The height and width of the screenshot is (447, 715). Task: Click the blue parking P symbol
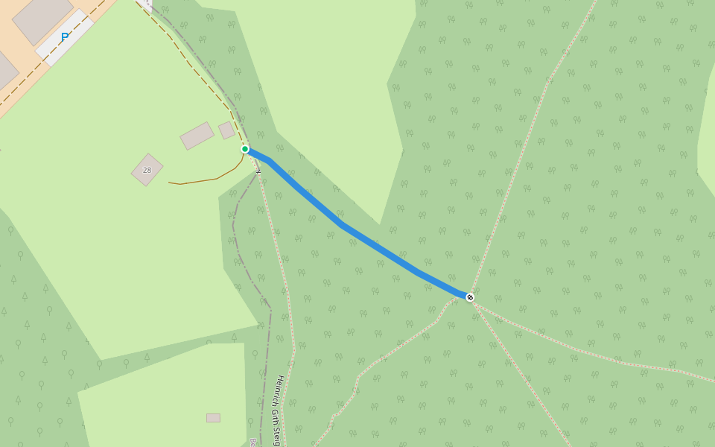pyautogui.click(x=65, y=37)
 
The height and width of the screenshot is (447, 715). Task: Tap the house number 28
pyautogui.click(x=147, y=170)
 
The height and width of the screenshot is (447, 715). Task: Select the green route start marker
pyautogui.click(x=245, y=149)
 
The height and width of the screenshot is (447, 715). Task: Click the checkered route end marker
pyautogui.click(x=470, y=297)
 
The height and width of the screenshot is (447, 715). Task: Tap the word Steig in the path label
pyautogui.click(x=276, y=436)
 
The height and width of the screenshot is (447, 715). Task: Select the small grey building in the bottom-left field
pyautogui.click(x=213, y=418)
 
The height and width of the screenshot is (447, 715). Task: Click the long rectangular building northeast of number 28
pyautogui.click(x=197, y=136)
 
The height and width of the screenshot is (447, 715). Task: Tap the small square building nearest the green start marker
pyautogui.click(x=226, y=130)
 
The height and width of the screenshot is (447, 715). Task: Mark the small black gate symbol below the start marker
pyautogui.click(x=258, y=171)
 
